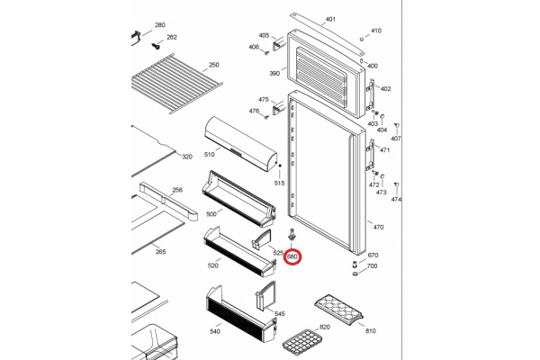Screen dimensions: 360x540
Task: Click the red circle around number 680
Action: coord(293,257)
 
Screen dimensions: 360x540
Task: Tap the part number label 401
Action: coord(330,19)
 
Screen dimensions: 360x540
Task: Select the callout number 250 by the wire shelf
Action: coord(213,65)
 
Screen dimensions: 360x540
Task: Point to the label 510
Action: coord(209,156)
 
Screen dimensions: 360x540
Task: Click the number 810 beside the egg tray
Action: coord(370,331)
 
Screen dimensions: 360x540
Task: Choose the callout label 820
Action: coord(325,327)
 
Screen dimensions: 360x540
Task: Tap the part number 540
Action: coord(213,332)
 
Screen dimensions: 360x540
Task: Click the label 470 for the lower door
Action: coord(378,227)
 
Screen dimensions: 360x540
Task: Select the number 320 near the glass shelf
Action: coord(187,157)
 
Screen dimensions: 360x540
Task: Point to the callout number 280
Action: coord(160,25)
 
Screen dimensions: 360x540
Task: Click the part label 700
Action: coord(372,266)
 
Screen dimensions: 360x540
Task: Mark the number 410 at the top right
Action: coord(375,31)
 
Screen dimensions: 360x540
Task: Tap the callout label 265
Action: coord(160,252)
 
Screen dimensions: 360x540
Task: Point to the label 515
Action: coord(279,183)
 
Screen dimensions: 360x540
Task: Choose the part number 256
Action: coord(177,190)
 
